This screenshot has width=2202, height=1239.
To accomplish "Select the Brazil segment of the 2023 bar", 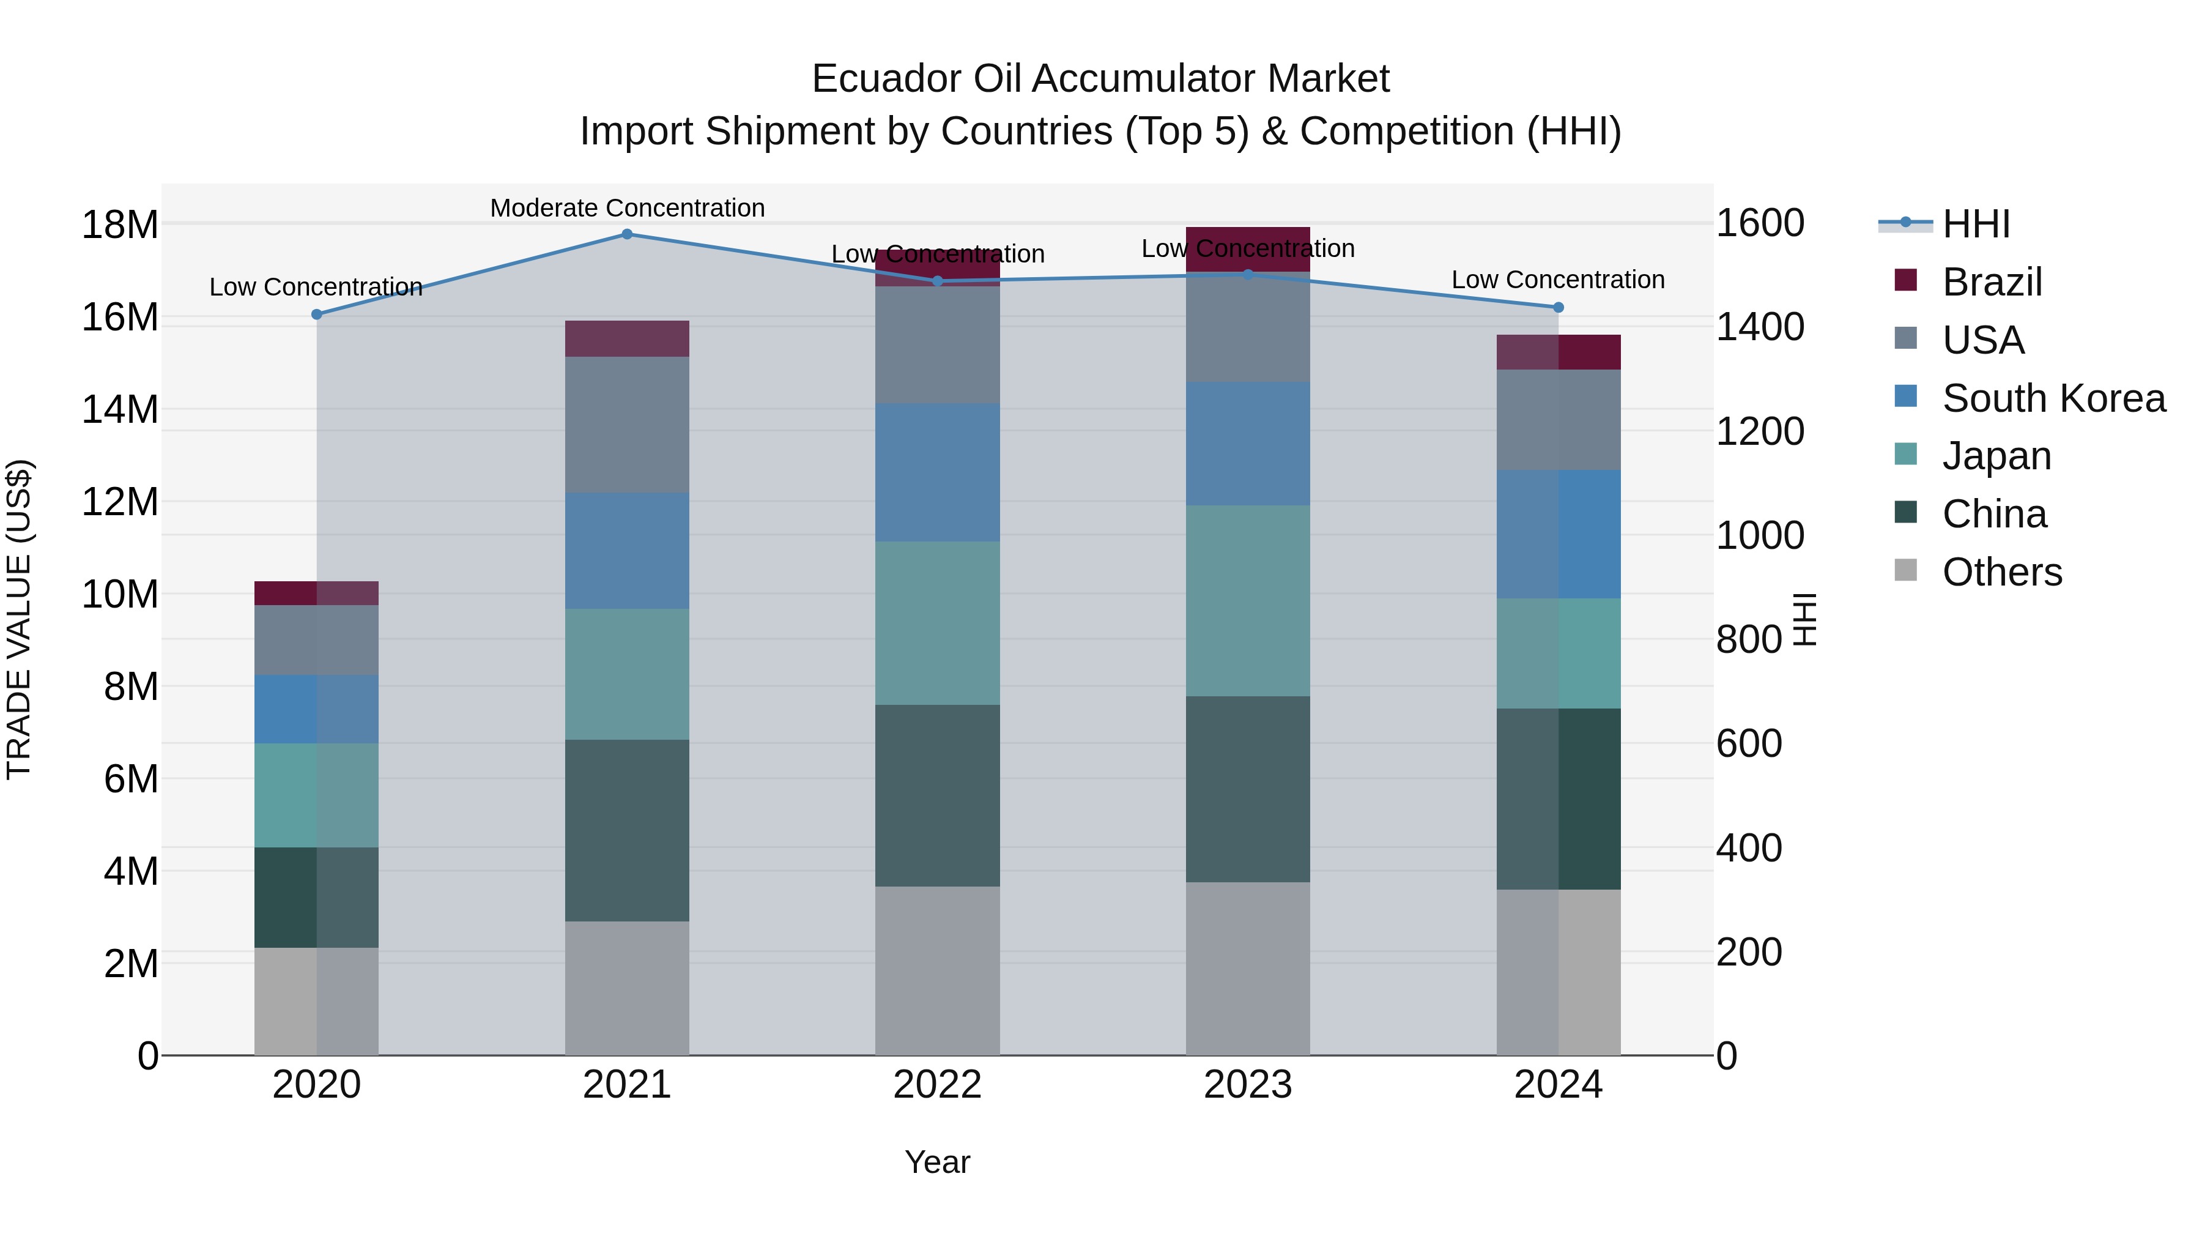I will [1247, 248].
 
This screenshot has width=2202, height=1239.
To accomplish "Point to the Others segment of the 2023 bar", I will [1247, 968].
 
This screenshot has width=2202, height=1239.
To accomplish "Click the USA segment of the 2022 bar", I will [937, 344].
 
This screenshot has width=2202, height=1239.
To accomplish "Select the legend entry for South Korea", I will [2053, 398].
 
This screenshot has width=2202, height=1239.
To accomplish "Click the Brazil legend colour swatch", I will [1905, 280].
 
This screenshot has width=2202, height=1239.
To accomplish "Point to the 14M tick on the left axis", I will [120, 409].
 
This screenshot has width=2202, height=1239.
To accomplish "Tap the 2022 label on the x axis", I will [937, 1085].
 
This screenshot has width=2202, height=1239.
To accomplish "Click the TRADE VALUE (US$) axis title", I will [19, 619].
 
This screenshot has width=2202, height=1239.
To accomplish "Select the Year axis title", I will [937, 1162].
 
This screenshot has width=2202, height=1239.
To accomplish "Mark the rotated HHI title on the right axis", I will [1804, 619].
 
